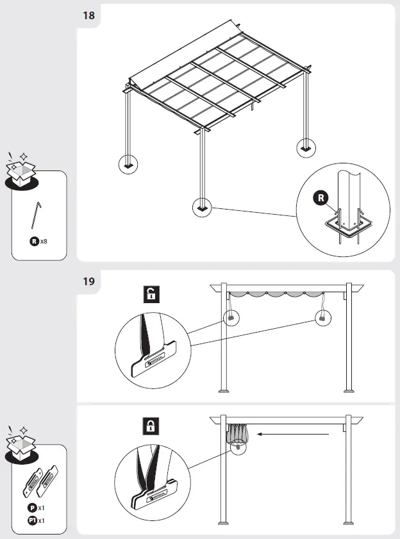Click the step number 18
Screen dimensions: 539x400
[88, 15]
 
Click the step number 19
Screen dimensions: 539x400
[88, 281]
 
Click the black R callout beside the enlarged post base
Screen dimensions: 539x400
[321, 198]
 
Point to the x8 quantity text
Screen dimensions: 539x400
[44, 242]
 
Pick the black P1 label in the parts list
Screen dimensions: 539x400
[32, 520]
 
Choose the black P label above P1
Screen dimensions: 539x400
[32, 508]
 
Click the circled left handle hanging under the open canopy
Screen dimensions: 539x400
[229, 318]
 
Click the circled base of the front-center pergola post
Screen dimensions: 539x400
[203, 208]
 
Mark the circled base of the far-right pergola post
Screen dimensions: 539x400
[306, 148]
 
